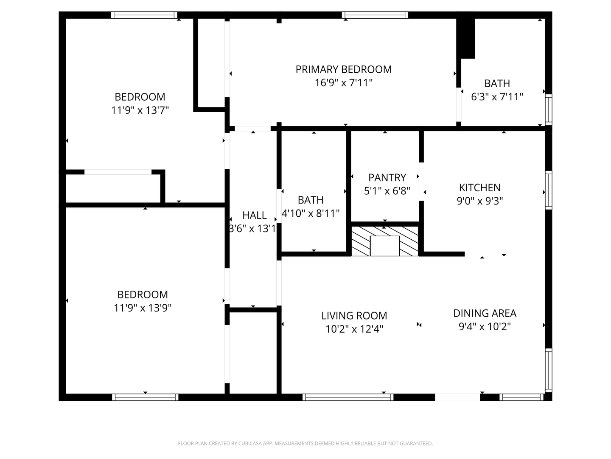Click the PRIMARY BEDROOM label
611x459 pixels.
click(x=343, y=69)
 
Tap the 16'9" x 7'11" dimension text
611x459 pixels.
click(x=343, y=83)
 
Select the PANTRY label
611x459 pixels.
click(x=387, y=177)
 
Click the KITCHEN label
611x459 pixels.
click(x=479, y=187)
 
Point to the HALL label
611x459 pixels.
click(x=254, y=215)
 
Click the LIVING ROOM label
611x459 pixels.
click(x=354, y=316)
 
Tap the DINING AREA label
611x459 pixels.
click(x=485, y=313)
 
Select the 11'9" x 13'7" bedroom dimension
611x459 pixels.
click(x=140, y=110)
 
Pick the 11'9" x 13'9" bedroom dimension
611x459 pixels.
click(x=143, y=308)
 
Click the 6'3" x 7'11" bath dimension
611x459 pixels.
click(x=497, y=97)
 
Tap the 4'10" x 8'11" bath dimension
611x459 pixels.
click(x=311, y=213)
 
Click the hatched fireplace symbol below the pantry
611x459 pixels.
click(x=384, y=241)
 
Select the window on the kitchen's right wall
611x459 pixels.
click(x=548, y=190)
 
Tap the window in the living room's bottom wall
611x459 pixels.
click(x=348, y=397)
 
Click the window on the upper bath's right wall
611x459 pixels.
click(x=548, y=110)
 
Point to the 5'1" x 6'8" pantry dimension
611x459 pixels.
click(x=387, y=191)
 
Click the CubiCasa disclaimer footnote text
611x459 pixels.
click(x=305, y=443)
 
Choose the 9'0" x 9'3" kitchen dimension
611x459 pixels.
click(x=479, y=201)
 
